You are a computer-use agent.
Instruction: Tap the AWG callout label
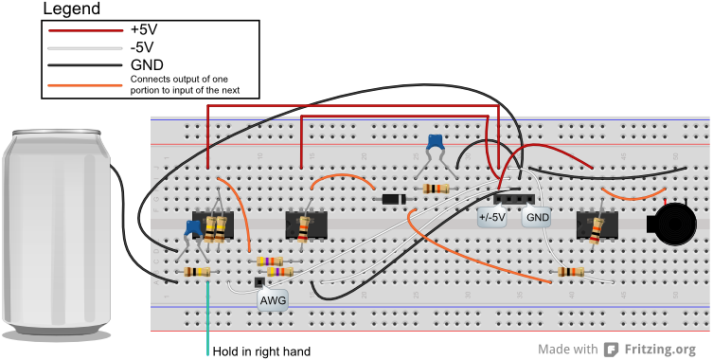pyautogui.click(x=273, y=300)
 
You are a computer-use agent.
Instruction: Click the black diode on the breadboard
pyautogui.click(x=392, y=200)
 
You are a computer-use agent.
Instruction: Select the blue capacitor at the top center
pyautogui.click(x=436, y=143)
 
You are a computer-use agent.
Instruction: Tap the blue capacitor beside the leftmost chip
pyautogui.click(x=192, y=228)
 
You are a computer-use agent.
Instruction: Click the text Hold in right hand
pyautogui.click(x=261, y=351)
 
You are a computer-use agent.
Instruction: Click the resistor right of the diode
pyautogui.click(x=436, y=189)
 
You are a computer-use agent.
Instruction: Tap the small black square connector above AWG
pyautogui.click(x=258, y=282)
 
